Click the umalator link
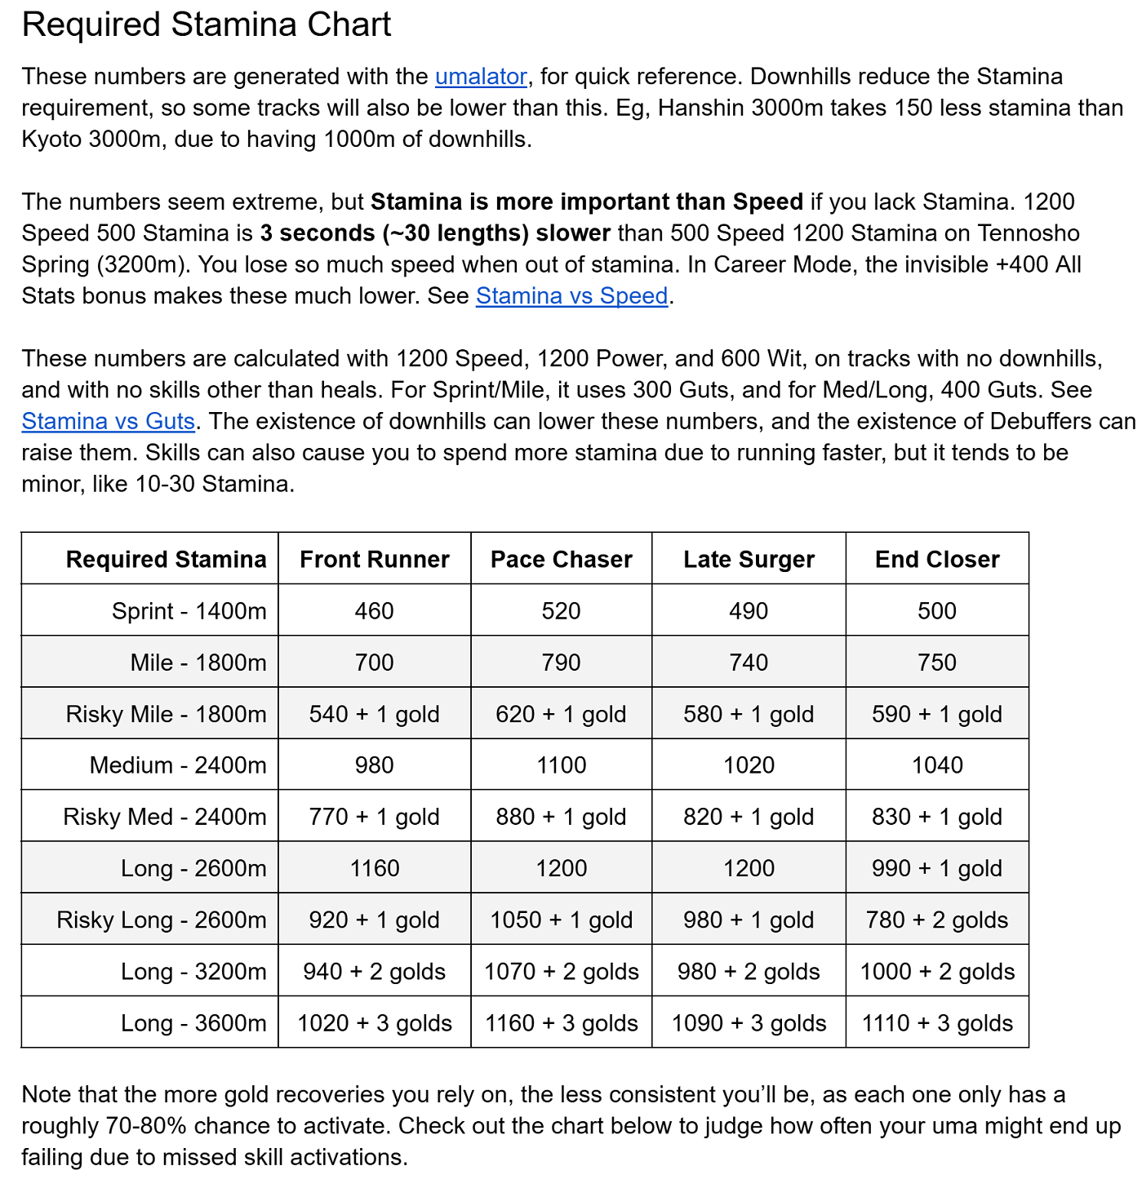(x=481, y=77)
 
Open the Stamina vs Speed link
(x=571, y=295)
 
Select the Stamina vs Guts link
(x=109, y=421)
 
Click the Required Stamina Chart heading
(x=207, y=24)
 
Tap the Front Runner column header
(x=375, y=559)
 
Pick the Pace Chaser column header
(x=562, y=559)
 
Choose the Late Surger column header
(x=749, y=559)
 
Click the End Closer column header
(x=937, y=559)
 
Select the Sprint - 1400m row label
(x=189, y=611)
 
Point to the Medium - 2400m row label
(x=178, y=765)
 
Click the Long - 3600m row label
(x=193, y=1023)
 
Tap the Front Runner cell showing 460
(x=375, y=611)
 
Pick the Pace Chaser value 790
(x=562, y=663)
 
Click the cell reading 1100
(x=562, y=765)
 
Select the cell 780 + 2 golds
(x=937, y=920)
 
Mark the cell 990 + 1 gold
(x=937, y=868)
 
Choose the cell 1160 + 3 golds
(x=562, y=1023)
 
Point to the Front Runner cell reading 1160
(x=375, y=868)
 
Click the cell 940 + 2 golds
(x=375, y=972)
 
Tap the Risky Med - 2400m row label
(x=165, y=817)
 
